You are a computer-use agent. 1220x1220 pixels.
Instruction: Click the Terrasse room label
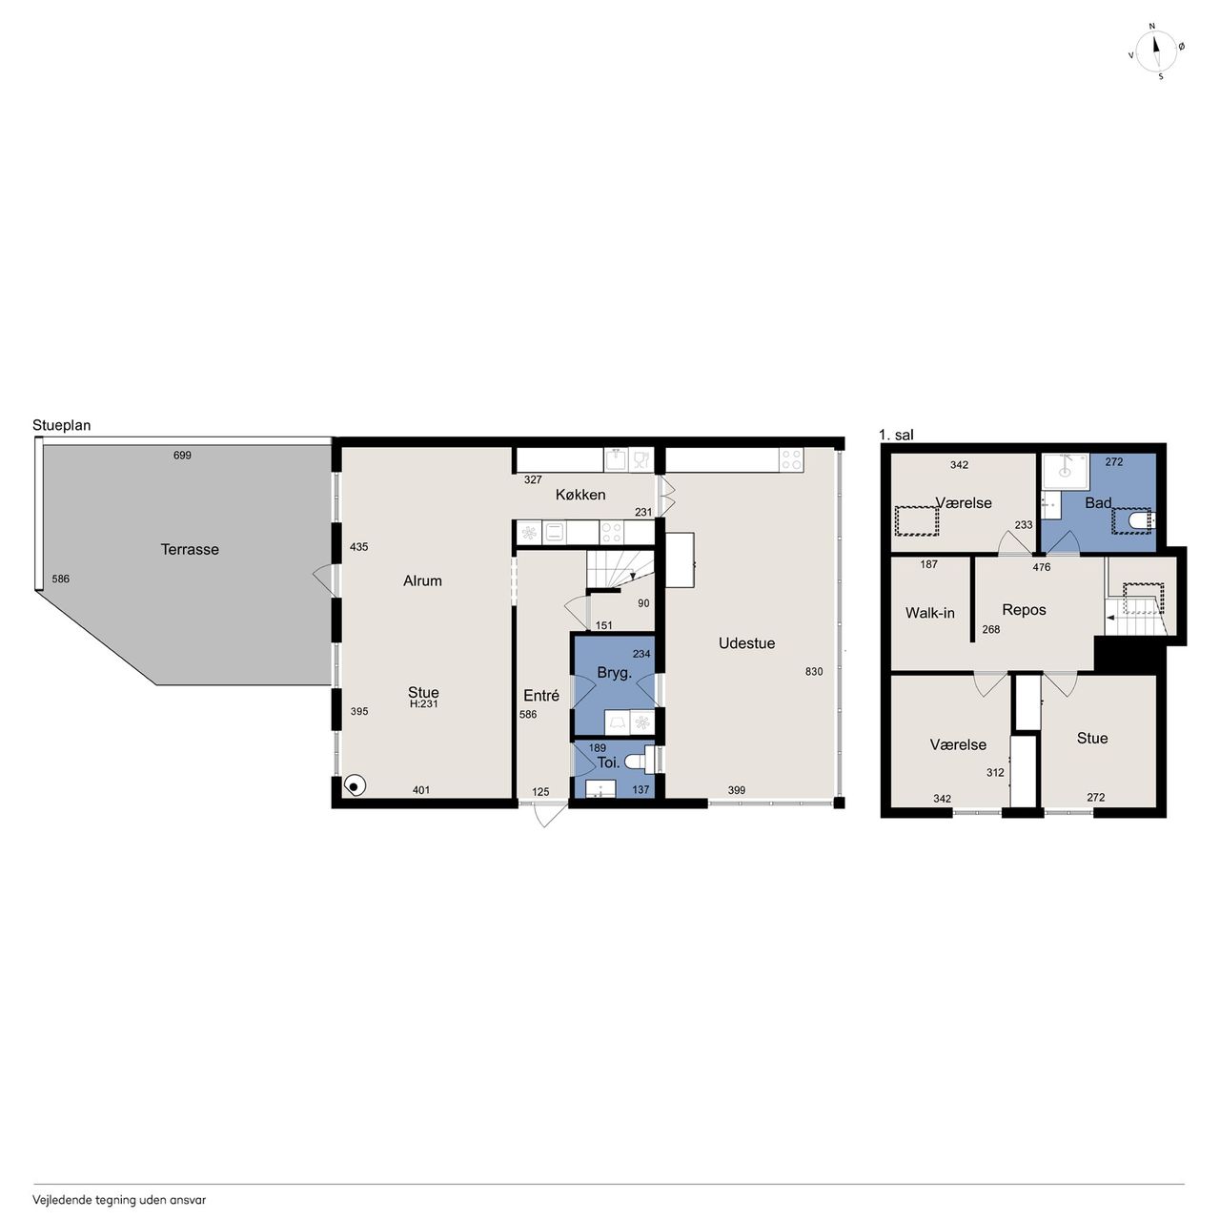[190, 550]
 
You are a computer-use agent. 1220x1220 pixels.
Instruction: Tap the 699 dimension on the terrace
[182, 456]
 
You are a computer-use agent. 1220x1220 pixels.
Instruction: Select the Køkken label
[579, 495]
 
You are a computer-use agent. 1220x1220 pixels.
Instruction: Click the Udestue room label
[746, 643]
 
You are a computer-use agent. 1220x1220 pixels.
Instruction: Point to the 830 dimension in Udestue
[814, 672]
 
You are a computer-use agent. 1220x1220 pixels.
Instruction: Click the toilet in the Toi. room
[640, 761]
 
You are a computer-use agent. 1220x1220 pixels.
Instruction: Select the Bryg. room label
[615, 674]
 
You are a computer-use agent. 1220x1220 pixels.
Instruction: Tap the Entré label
[541, 696]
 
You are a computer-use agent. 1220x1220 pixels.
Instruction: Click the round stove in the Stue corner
[355, 786]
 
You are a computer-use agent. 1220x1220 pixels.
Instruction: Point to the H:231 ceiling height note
[423, 704]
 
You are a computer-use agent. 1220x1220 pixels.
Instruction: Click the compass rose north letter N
[1152, 27]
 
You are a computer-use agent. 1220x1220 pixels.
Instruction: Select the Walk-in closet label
[929, 613]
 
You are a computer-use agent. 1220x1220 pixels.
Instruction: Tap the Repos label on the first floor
[1024, 610]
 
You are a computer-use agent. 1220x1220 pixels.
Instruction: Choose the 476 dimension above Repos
[1042, 567]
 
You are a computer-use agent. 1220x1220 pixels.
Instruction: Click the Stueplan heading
[61, 425]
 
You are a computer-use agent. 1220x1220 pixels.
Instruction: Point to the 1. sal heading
[897, 435]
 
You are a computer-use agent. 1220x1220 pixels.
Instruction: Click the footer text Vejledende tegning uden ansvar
[119, 1200]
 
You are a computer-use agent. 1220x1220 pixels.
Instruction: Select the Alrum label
[422, 581]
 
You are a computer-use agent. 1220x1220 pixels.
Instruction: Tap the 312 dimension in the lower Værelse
[995, 772]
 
